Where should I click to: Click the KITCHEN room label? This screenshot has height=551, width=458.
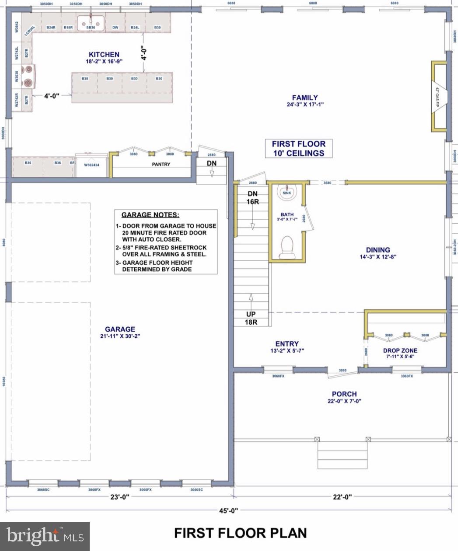104,55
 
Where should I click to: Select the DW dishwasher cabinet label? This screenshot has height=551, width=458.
115,28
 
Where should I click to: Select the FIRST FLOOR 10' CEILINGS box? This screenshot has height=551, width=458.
299,149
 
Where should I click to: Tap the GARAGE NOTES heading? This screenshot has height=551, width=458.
150,215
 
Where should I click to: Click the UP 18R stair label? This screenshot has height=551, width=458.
251,318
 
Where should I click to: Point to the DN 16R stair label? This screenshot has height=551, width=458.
252,198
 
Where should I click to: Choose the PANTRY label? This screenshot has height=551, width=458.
161,164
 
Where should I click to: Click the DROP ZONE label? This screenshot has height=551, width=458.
400,350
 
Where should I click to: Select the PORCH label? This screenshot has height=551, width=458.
344,394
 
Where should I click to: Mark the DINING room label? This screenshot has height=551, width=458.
378,250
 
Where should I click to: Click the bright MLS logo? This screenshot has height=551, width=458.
45,536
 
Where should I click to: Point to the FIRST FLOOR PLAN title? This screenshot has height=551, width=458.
240,533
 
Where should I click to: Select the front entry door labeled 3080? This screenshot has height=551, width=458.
343,371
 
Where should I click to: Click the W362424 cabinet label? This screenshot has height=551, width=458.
92,165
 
